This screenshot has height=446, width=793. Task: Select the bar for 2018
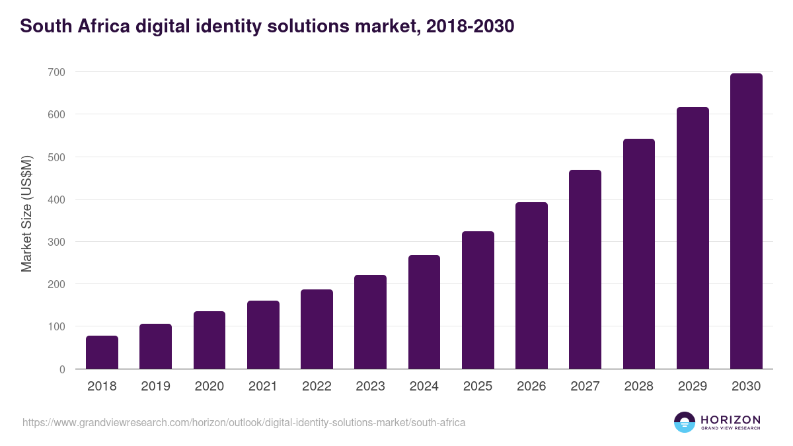pos(102,352)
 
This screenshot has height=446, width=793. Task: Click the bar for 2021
pos(263,334)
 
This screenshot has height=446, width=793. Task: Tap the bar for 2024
pos(424,312)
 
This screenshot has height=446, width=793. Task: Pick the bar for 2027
pos(585,269)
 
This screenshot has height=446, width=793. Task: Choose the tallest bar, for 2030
pos(746,221)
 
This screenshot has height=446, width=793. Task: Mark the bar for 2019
pos(155,346)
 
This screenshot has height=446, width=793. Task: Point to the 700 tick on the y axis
pos(56,72)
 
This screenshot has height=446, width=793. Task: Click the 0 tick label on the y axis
pos(62,369)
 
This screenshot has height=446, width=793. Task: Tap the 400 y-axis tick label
pos(56,200)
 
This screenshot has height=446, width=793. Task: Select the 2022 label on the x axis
pos(317,387)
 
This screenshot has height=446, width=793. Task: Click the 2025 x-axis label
pos(478,387)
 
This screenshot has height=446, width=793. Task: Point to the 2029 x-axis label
pos(693,387)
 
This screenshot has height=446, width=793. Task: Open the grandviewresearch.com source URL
pos(244,422)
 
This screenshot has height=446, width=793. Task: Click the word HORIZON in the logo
pos(730,420)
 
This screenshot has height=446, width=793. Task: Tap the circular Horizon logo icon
pos(685,422)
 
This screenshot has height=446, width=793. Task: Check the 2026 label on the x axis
pos(531,387)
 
